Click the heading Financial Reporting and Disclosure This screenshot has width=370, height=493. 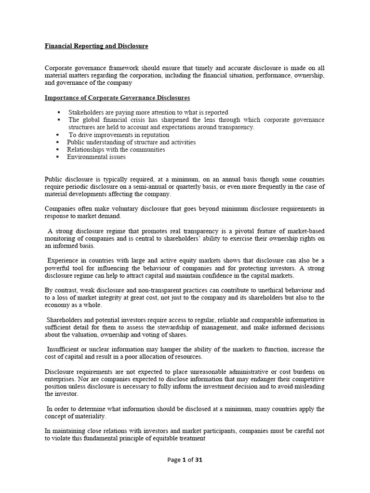(x=96, y=46)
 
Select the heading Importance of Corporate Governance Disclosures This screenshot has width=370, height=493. (x=117, y=98)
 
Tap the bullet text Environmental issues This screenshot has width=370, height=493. (x=96, y=156)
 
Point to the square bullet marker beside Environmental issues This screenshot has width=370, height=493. (x=58, y=156)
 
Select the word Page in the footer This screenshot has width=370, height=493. (x=174, y=460)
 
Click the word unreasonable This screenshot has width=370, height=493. (x=206, y=371)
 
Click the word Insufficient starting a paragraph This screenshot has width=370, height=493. (x=64, y=349)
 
